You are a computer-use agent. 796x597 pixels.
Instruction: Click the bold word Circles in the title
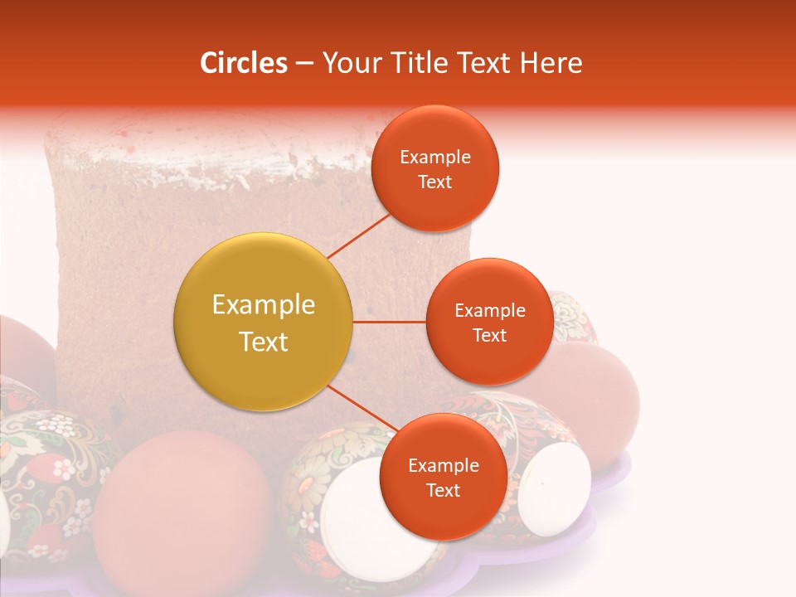(x=243, y=62)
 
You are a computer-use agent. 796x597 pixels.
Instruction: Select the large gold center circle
(x=263, y=322)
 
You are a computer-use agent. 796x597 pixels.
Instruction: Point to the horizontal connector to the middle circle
(x=389, y=322)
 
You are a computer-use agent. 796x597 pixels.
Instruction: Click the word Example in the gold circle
(x=263, y=305)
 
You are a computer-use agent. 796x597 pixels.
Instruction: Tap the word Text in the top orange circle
(x=434, y=182)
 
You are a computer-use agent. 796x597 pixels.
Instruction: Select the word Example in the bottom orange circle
(x=443, y=466)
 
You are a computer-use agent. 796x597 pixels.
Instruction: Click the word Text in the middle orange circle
(x=489, y=336)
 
